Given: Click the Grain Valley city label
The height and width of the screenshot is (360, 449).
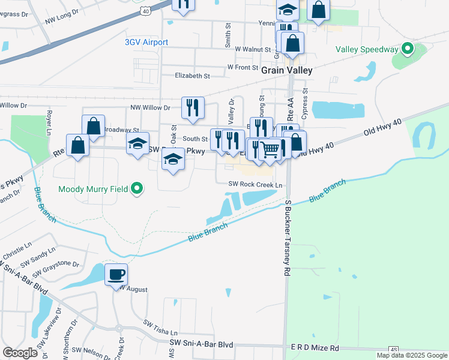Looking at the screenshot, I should click(x=287, y=70).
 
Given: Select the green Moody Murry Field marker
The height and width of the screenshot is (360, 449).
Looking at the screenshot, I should click(x=137, y=189).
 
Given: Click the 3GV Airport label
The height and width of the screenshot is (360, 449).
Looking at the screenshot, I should click(x=146, y=42).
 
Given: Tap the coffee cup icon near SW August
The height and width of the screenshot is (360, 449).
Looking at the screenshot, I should click(x=116, y=275).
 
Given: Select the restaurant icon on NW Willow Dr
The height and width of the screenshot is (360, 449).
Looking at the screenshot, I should click(x=193, y=108).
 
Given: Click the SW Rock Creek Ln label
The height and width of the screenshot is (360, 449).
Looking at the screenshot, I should click(x=255, y=185).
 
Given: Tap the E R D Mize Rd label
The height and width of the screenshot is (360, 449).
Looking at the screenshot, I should click(x=314, y=348).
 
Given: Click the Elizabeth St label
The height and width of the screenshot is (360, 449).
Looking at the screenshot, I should click(x=192, y=76).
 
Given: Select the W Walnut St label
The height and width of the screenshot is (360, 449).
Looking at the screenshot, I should click(x=254, y=49).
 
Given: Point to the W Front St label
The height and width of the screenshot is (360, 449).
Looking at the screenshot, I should click(x=243, y=67).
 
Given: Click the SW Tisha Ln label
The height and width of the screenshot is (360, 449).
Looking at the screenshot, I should click(x=160, y=327).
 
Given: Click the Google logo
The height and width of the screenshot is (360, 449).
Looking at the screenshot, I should click(x=20, y=353).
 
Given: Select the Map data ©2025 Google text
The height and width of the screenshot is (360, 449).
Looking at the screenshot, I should click(x=412, y=355).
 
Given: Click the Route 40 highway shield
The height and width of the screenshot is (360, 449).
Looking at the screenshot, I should click(x=145, y=11).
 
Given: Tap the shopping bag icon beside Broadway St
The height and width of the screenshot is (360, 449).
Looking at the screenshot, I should click(x=94, y=126).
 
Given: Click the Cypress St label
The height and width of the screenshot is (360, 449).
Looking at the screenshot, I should click(x=305, y=96).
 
